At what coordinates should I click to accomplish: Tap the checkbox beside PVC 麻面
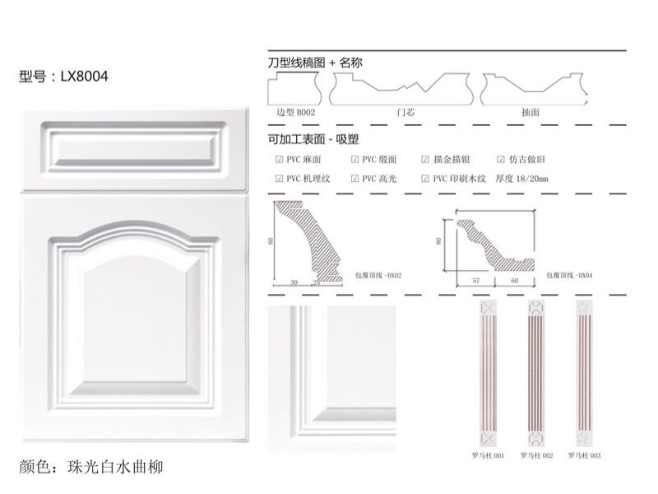click(x=280, y=160)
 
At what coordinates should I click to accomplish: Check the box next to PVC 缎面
click(x=355, y=160)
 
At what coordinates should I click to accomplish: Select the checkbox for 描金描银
click(x=425, y=160)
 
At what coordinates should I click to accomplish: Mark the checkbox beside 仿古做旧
click(x=501, y=160)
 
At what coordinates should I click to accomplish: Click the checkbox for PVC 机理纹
click(x=280, y=178)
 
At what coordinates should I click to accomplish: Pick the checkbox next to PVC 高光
click(x=355, y=178)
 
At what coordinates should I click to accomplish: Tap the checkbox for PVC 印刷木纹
click(x=425, y=178)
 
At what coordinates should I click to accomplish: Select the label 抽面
click(x=530, y=111)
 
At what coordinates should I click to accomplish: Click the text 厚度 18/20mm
click(x=521, y=178)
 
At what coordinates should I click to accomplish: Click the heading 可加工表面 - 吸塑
click(x=314, y=139)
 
